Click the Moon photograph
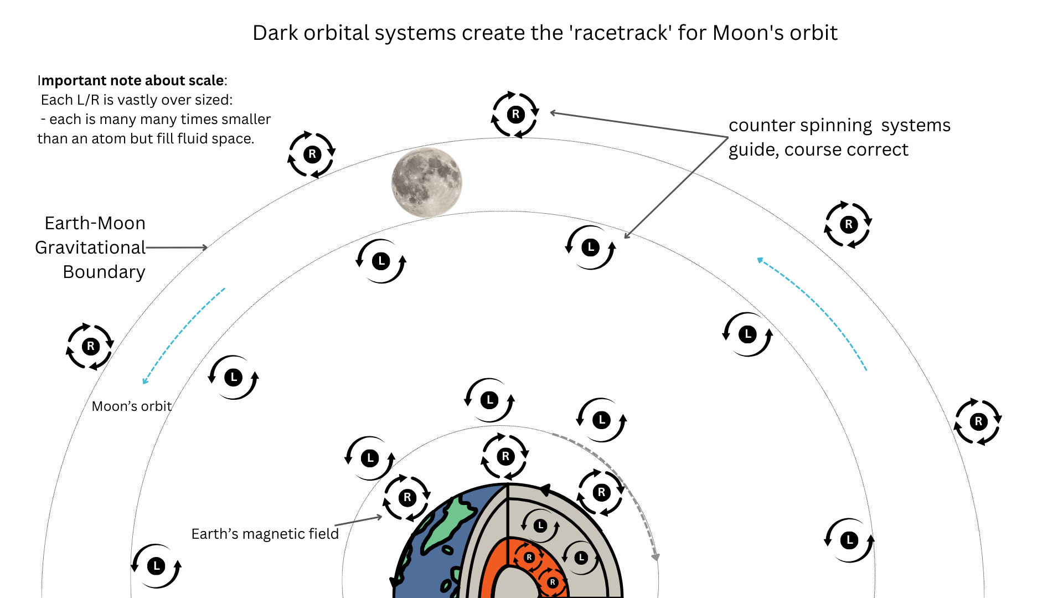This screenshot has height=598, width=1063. pyautogui.click(x=426, y=182)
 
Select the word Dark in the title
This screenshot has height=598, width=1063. pyautogui.click(x=276, y=33)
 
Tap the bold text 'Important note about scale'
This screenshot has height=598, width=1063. pyautogui.click(x=131, y=81)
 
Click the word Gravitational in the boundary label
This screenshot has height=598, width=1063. pyautogui.click(x=90, y=248)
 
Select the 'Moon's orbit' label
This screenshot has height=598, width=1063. pyautogui.click(x=132, y=406)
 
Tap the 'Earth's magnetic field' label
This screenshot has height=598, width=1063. pyautogui.click(x=265, y=534)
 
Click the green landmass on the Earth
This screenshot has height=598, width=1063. pyautogui.click(x=450, y=523)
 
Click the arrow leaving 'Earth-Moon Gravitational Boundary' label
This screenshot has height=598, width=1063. pyautogui.click(x=177, y=248)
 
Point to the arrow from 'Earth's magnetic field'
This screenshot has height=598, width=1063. pyautogui.click(x=359, y=520)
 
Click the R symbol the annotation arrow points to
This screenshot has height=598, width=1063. pyautogui.click(x=515, y=115)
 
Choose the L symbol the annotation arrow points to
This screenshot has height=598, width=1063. pyautogui.click(x=591, y=248)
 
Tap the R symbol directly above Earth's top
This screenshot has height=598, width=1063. pyautogui.click(x=505, y=457)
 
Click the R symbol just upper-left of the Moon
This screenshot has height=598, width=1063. pyautogui.click(x=312, y=154)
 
